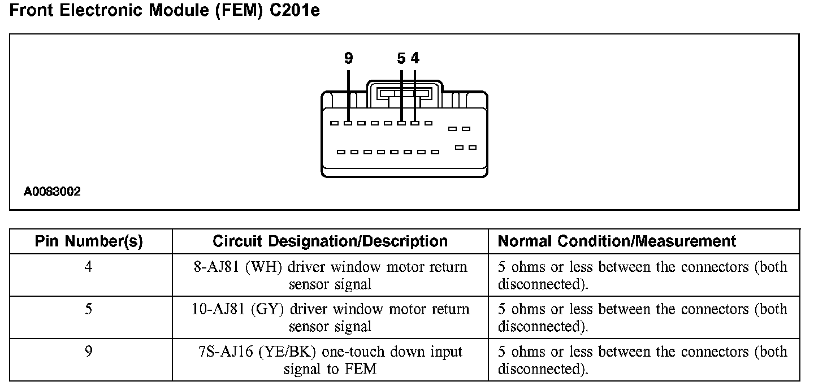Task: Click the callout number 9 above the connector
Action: click(x=348, y=58)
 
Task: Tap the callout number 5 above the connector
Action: click(x=401, y=58)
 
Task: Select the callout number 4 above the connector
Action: click(x=415, y=58)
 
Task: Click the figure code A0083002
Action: click(x=52, y=192)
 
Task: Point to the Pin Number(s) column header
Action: click(x=89, y=242)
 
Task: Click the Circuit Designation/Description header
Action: click(x=330, y=242)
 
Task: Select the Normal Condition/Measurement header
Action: click(x=617, y=242)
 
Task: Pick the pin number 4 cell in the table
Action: click(x=88, y=267)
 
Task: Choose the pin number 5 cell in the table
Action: click(x=88, y=309)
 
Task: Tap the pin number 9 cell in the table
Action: click(x=88, y=352)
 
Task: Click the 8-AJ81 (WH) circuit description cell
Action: click(x=330, y=275)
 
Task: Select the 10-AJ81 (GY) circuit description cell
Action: click(x=330, y=318)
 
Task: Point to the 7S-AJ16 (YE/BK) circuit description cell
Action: click(x=330, y=360)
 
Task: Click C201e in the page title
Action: click(x=296, y=11)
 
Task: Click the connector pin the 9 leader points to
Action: click(x=348, y=123)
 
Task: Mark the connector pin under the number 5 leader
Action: click(x=401, y=123)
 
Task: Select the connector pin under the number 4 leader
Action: click(x=415, y=123)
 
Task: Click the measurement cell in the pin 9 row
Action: click(x=642, y=360)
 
